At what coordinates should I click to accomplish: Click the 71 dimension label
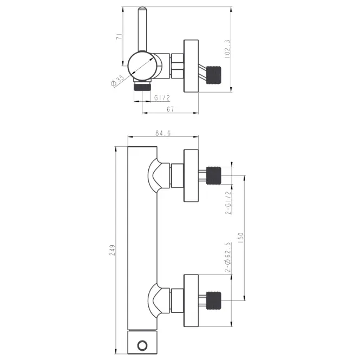pos(120,36)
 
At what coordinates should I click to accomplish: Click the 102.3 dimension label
pos(227,49)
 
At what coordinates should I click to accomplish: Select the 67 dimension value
pos(171,109)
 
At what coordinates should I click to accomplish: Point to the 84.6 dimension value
pos(163,133)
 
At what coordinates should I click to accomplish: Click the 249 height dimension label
pos(112,250)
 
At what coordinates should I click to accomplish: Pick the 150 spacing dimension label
pos(240,238)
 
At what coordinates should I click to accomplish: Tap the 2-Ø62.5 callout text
pos(228,257)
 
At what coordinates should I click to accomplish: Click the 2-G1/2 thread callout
pos(228,202)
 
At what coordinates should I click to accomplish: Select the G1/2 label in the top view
pos(162,98)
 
